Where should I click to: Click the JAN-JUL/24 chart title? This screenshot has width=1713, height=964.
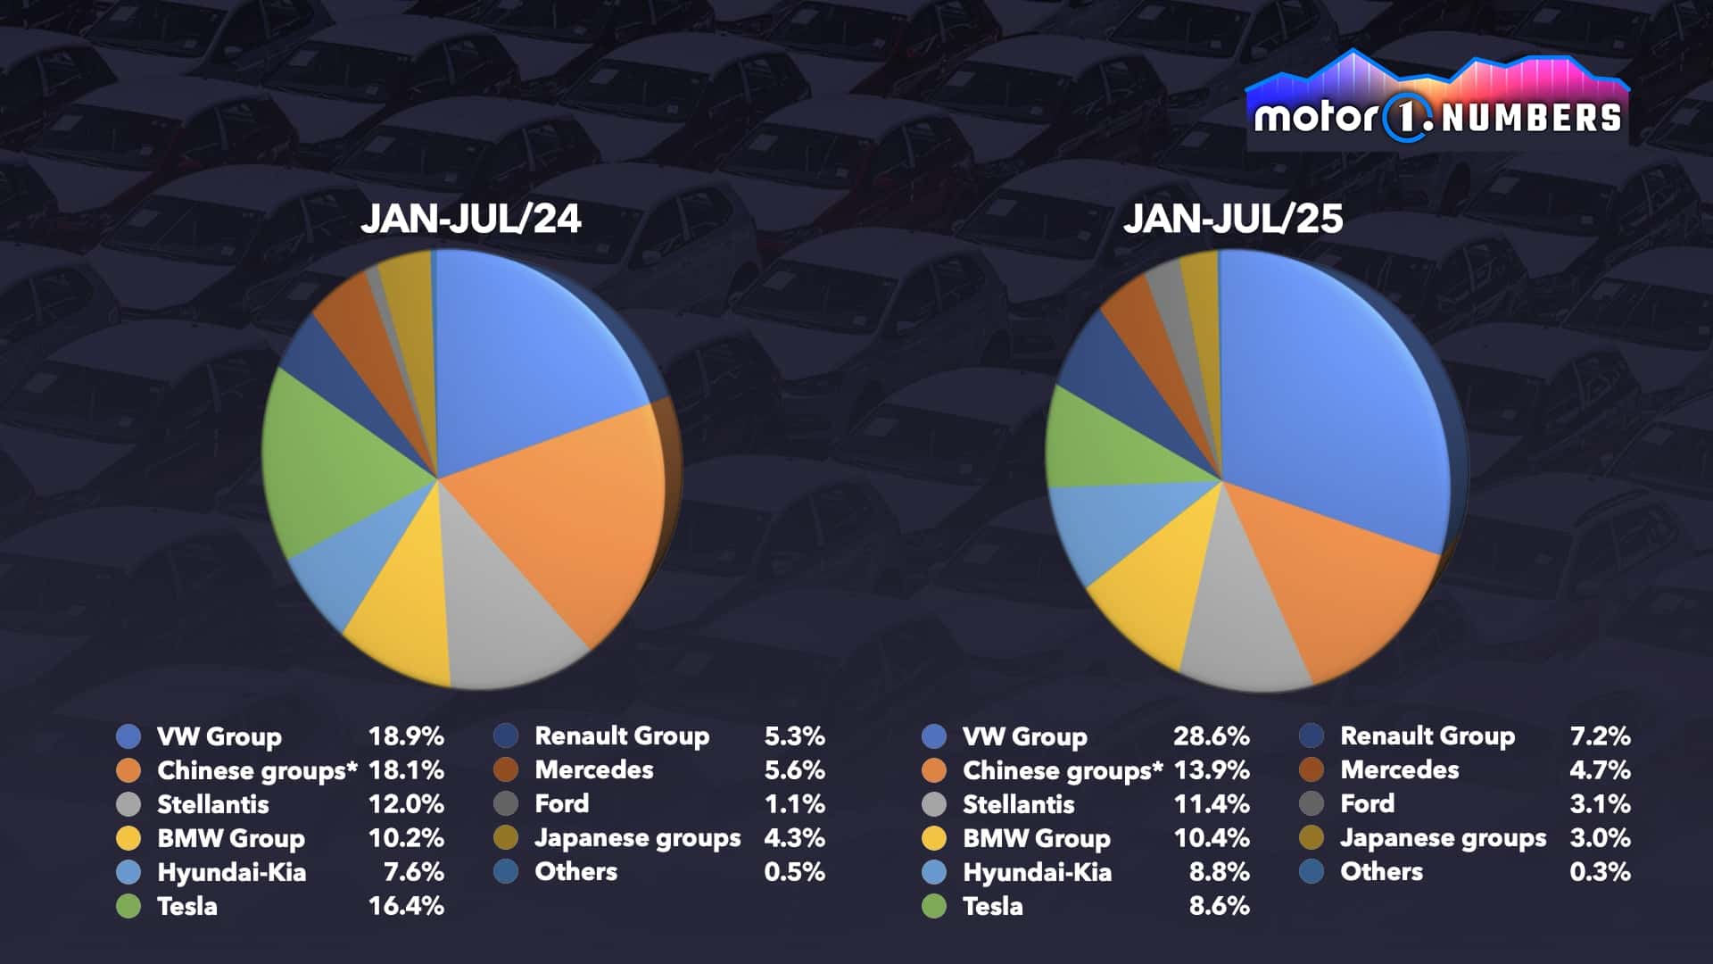coord(470,219)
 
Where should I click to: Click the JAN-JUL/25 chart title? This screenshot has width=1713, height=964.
coord(1232,219)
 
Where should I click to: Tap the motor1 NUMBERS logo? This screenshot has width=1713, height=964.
coord(1436,107)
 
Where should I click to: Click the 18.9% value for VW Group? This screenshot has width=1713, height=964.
coord(406,736)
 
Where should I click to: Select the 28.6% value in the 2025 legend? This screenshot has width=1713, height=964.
coord(1211,736)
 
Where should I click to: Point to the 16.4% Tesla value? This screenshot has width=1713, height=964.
coord(406,906)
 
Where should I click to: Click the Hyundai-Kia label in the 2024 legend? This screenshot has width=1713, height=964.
coord(231,872)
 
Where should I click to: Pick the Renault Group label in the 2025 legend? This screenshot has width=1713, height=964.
coord(1427,735)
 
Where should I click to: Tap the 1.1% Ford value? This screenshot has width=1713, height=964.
coord(794,804)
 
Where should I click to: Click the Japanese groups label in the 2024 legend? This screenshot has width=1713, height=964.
coord(637,838)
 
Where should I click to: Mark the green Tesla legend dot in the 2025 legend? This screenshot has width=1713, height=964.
coord(934,906)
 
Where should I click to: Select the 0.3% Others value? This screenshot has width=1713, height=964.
coord(1600,872)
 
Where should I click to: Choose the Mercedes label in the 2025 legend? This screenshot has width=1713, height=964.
coord(1399,769)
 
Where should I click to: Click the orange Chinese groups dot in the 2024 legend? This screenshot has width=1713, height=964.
coord(128,770)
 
